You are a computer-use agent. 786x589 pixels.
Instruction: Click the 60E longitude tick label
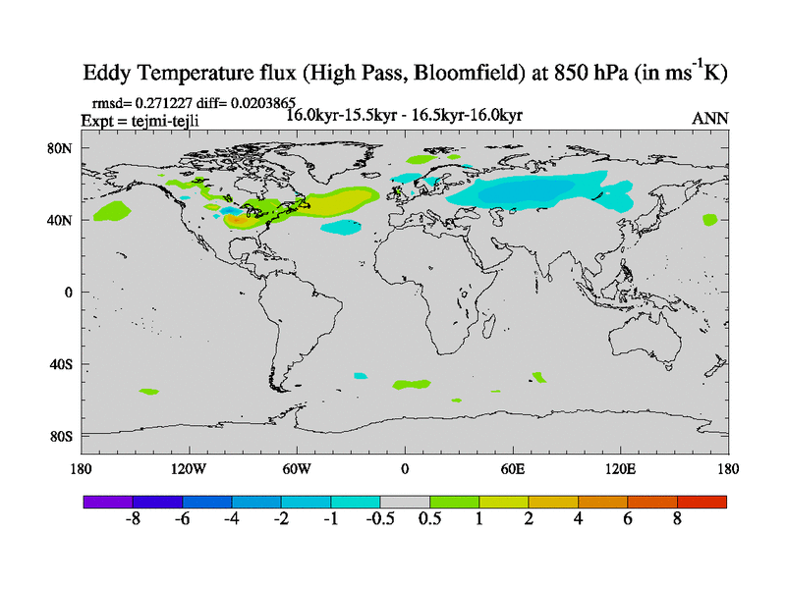pyautogui.click(x=512, y=469)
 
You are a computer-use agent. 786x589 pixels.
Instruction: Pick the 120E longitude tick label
pyautogui.click(x=620, y=469)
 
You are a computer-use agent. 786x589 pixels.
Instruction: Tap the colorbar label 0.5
pyautogui.click(x=429, y=520)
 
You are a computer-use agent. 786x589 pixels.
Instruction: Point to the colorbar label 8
pyautogui.click(x=677, y=520)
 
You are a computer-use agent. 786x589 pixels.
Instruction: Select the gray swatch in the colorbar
pyautogui.click(x=405, y=502)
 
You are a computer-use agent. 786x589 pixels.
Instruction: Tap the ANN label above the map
pyautogui.click(x=710, y=118)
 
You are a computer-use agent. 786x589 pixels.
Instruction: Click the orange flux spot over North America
pyautogui.click(x=237, y=220)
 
